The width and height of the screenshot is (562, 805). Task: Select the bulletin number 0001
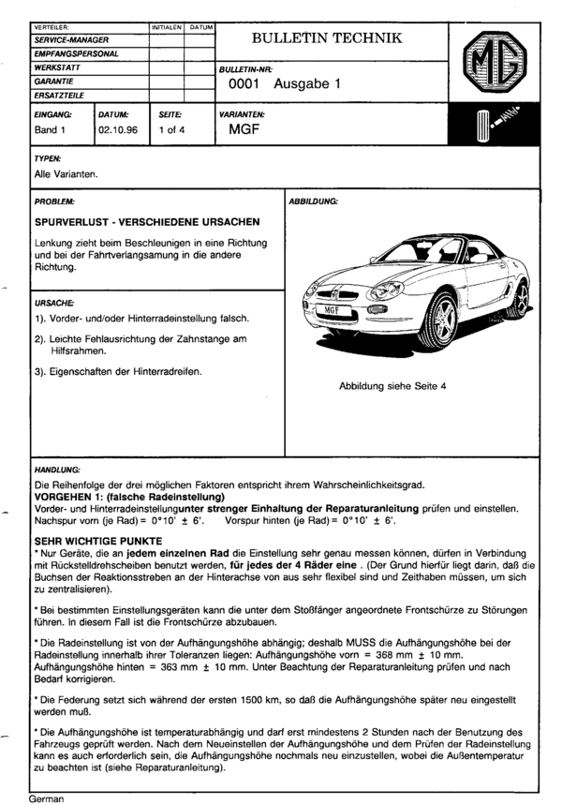246,83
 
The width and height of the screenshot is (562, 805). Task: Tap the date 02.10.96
118,129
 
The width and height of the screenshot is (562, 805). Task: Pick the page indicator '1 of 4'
171,129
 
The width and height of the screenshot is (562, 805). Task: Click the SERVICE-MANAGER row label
71,41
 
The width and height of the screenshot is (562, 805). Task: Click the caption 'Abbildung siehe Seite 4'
392,385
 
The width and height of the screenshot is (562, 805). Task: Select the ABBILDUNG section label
314,201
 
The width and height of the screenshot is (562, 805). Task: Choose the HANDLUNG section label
58,466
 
